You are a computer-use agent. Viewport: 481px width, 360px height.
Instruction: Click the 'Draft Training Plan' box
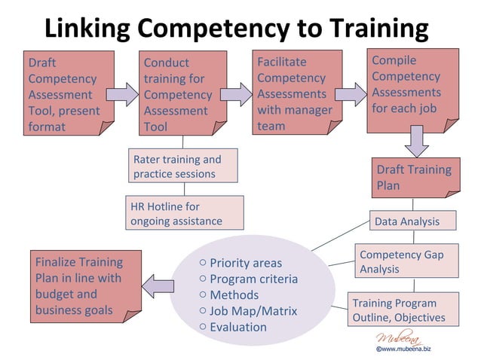[x=415, y=178]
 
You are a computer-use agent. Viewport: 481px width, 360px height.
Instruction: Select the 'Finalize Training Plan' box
[x=84, y=285]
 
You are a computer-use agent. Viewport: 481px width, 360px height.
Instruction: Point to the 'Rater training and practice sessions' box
[x=182, y=166]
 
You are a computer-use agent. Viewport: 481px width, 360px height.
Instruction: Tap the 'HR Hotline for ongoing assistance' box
[x=184, y=212]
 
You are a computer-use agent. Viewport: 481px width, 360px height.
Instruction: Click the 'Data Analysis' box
[x=415, y=221]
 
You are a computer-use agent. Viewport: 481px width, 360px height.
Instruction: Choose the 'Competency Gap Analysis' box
[x=406, y=261]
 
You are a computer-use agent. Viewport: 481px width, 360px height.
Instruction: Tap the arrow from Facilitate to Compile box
[x=349, y=93]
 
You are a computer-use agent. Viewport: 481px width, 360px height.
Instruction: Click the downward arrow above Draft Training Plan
[x=416, y=140]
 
